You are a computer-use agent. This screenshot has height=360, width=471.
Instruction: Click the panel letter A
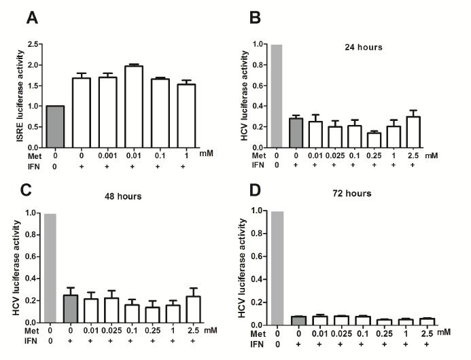(x=32, y=18)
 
